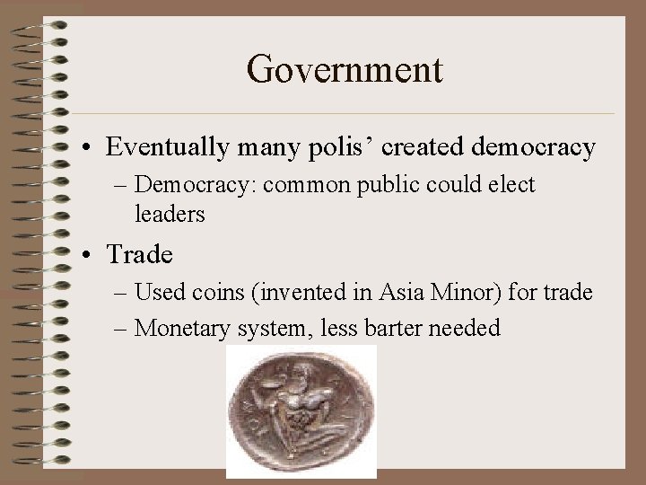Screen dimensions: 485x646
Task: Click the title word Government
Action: pyautogui.click(x=344, y=69)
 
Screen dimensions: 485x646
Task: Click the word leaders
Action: pyautogui.click(x=170, y=215)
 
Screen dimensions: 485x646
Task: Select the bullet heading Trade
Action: pyautogui.click(x=140, y=255)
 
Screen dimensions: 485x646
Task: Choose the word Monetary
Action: pyautogui.click(x=192, y=328)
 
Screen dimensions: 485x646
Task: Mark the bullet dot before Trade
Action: pyautogui.click(x=92, y=256)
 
